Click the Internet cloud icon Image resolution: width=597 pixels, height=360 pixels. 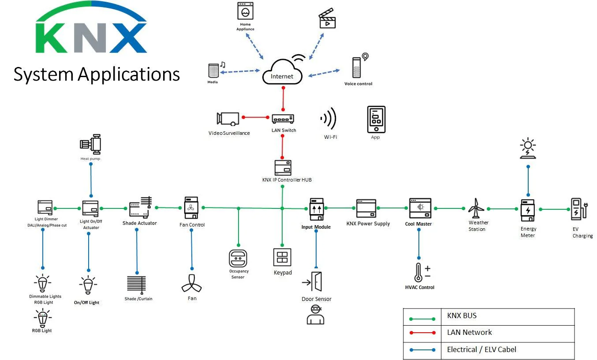click(282, 73)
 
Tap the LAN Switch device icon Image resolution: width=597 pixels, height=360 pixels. click(283, 119)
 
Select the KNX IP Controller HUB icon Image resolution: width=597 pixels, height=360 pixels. click(283, 168)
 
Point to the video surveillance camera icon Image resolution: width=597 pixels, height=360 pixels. click(228, 118)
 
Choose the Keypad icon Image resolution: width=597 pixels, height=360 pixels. click(282, 257)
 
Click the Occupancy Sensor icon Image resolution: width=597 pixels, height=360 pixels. click(238, 258)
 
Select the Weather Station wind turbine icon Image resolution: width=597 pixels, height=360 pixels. click(476, 208)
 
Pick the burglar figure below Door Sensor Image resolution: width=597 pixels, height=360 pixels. click(315, 315)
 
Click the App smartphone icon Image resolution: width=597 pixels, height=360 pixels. click(376, 119)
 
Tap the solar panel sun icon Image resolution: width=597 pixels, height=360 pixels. click(527, 148)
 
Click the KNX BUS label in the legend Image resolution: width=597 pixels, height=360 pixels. click(462, 315)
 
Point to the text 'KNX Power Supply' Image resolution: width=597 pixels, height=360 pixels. click(368, 223)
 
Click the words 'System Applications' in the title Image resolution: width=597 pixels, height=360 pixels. click(97, 74)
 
